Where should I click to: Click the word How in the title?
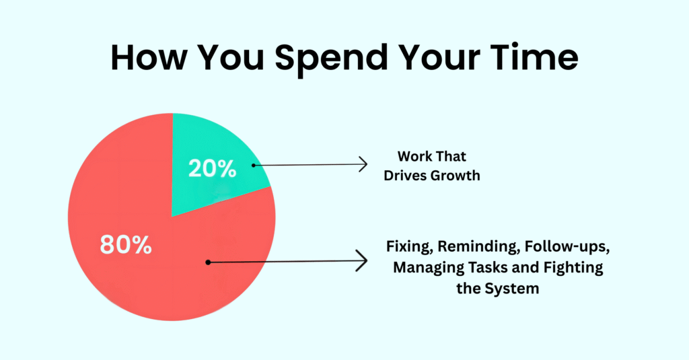pos(149,57)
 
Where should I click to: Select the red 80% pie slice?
pos(145,246)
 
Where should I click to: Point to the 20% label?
pos(212,168)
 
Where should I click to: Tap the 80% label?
pos(126,244)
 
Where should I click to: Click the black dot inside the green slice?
pos(254,166)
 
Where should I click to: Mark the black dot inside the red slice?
pos(209,262)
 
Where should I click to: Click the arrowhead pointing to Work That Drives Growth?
pos(363,164)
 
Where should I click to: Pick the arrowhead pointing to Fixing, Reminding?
pos(361,261)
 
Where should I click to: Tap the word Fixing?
pos(410,247)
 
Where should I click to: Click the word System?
pos(512,289)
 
